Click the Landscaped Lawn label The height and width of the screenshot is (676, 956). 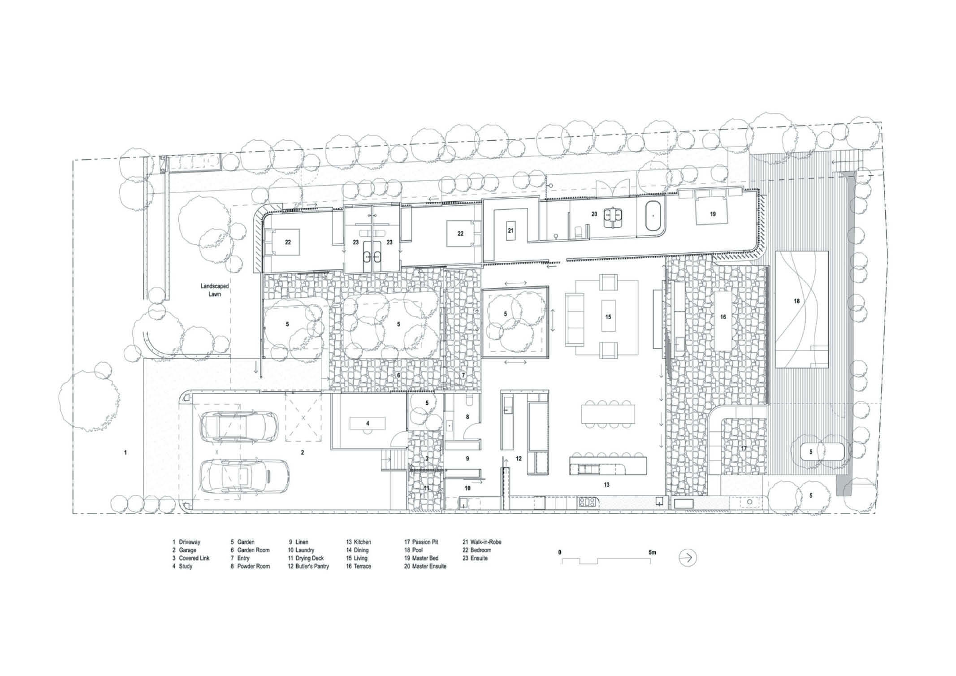click(215, 290)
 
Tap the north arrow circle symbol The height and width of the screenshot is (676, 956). click(688, 558)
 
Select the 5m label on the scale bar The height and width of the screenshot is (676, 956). click(652, 552)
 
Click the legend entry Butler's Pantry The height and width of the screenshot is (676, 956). click(308, 566)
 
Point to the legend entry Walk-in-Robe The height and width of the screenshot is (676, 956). click(482, 542)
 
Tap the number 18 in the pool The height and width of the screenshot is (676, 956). click(796, 301)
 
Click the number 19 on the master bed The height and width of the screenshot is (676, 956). click(713, 214)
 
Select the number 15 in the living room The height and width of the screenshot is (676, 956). click(608, 317)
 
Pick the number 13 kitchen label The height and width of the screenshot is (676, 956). click(606, 485)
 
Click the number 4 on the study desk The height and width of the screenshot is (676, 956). click(368, 423)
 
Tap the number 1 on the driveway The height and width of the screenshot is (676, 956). click(125, 452)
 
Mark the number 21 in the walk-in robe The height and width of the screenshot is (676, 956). click(510, 231)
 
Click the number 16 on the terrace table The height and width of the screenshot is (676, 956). click(723, 317)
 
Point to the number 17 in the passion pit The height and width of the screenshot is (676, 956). click(744, 449)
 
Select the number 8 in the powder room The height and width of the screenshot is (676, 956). click(467, 417)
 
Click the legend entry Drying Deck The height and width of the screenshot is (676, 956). click(306, 558)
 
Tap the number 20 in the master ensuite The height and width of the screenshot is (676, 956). click(594, 214)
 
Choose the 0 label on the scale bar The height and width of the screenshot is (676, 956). click(559, 552)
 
